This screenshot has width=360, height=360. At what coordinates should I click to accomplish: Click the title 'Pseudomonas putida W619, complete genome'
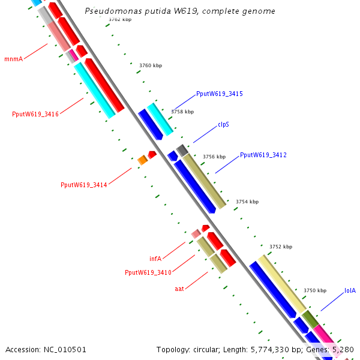point(180,11)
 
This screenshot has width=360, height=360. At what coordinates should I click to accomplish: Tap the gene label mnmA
point(13,59)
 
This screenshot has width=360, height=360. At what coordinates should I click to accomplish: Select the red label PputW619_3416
point(35,114)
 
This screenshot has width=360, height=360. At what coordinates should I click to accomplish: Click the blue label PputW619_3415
point(219,94)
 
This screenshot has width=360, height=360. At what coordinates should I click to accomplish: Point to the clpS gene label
point(223,125)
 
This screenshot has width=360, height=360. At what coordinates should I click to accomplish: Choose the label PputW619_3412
point(263,155)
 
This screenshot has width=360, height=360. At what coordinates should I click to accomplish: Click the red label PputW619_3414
point(83,185)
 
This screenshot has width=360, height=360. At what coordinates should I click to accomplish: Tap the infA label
point(155,259)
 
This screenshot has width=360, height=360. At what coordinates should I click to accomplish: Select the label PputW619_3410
point(148,272)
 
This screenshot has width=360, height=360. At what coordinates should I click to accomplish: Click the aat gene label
point(179,289)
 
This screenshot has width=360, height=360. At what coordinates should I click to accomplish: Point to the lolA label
point(350,290)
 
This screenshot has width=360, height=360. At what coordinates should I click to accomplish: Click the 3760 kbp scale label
point(150,65)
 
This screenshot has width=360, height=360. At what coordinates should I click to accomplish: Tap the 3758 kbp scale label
point(182,112)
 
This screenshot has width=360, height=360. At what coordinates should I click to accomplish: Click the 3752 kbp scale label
point(280,247)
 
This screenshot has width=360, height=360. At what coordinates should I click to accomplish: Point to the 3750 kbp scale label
point(315,290)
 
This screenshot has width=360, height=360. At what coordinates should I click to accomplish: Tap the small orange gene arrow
point(142,160)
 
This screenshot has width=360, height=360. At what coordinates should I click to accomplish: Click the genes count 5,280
point(343,349)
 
